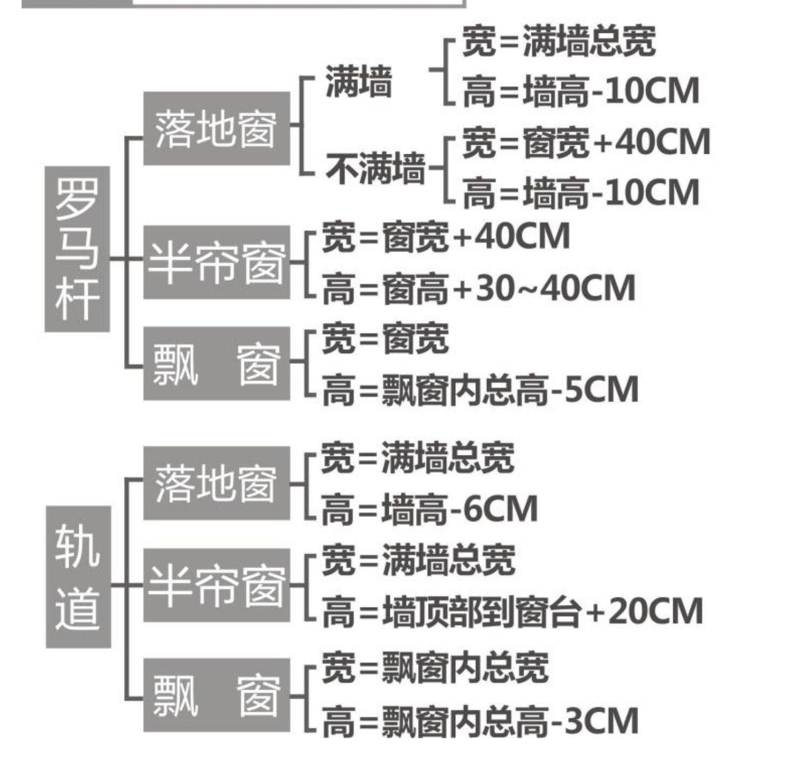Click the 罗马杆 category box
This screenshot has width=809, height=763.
pyautogui.click(x=77, y=249)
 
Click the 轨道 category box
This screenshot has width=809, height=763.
pyautogui.click(x=78, y=576)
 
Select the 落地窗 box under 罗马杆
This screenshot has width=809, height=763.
pyautogui.click(x=216, y=128)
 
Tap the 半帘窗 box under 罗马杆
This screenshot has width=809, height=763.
pyautogui.click(x=216, y=262)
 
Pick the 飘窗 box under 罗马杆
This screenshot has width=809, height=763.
pyautogui.click(x=216, y=363)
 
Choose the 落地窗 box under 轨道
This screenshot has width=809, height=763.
pyautogui.click(x=216, y=483)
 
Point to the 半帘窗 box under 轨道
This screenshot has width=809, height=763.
pyautogui.click(x=216, y=585)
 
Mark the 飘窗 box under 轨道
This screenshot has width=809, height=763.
pyautogui.click(x=216, y=695)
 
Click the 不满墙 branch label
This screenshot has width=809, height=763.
pyautogui.click(x=375, y=168)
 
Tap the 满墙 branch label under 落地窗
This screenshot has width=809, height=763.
pyautogui.click(x=359, y=82)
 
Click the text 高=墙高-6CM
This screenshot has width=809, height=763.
pyautogui.click(x=430, y=509)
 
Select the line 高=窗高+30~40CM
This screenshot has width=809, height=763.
pyautogui.click(x=478, y=288)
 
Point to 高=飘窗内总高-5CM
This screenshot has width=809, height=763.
pyautogui.click(x=480, y=390)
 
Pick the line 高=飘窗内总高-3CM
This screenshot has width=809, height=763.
pyautogui.click(x=480, y=721)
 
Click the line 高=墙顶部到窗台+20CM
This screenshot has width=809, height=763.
pyautogui.click(x=512, y=611)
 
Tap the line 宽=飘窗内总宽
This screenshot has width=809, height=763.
pyautogui.click(x=435, y=667)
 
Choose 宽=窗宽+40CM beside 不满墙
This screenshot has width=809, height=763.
pyautogui.click(x=586, y=142)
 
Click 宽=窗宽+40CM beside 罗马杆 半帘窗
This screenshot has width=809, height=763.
pyautogui.click(x=446, y=237)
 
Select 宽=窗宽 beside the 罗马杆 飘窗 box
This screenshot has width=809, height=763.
pyautogui.click(x=385, y=339)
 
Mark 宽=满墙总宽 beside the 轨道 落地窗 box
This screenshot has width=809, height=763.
pyautogui.click(x=418, y=458)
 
